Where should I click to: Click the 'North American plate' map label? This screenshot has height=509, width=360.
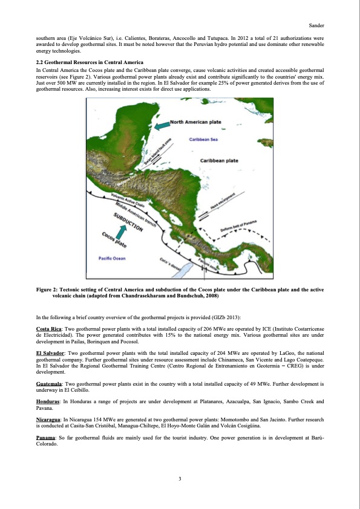195,122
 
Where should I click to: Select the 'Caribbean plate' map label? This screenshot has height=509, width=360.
221,161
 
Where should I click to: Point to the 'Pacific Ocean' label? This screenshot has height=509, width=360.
111,258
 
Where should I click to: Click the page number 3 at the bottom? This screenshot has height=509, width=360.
180,479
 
